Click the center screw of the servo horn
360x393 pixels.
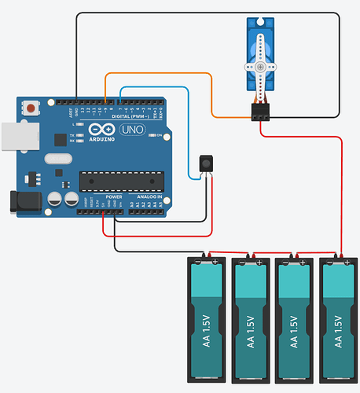(259, 68)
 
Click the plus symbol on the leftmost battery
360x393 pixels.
(215, 262)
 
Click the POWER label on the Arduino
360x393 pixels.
(114, 197)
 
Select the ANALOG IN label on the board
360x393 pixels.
(149, 197)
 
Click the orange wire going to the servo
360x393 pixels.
(213, 94)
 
